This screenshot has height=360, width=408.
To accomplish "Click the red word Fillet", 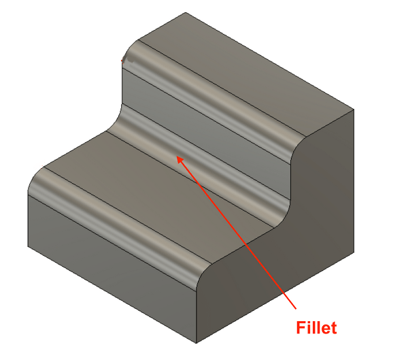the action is (x=316, y=328).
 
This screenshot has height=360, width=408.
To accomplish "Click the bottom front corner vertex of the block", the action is (x=196, y=342).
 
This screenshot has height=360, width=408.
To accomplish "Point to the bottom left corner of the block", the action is (x=28, y=247).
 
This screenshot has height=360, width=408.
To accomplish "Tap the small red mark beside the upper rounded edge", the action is (x=124, y=60).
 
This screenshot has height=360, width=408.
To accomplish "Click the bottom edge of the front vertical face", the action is (x=112, y=295).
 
